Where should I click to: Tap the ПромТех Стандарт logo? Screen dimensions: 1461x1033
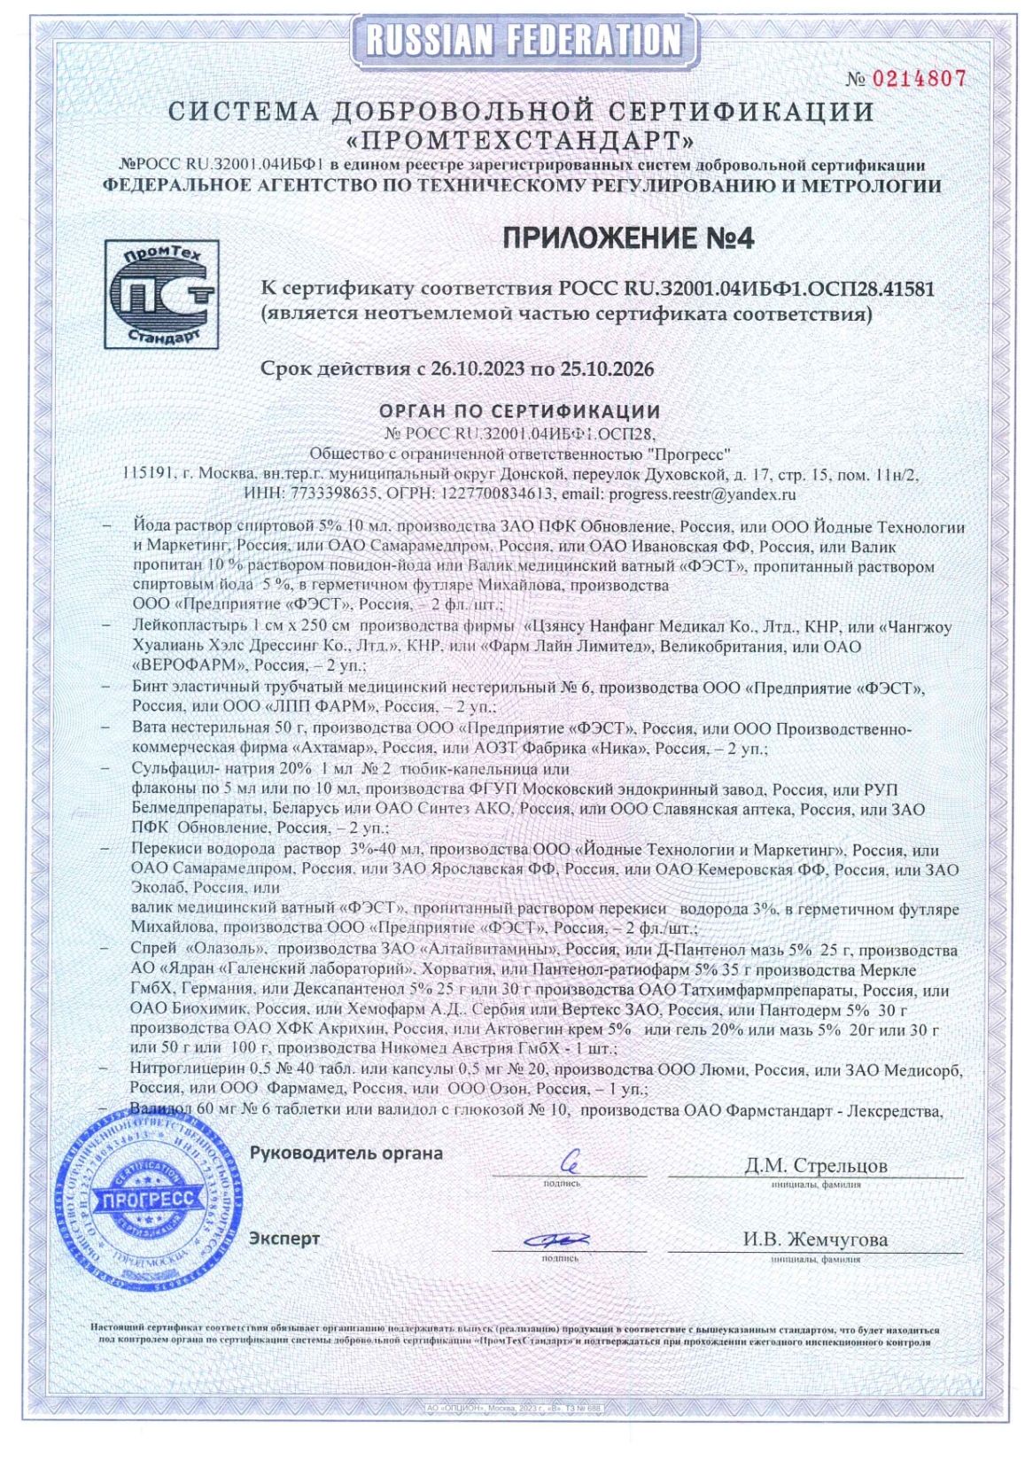coord(162,293)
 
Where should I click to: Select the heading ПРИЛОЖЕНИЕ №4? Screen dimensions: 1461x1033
coord(628,237)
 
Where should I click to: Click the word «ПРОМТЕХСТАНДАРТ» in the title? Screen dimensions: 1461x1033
coord(521,140)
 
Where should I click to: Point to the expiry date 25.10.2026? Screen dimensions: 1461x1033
coord(607,369)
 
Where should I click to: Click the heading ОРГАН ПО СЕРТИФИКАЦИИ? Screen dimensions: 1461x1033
coord(520,411)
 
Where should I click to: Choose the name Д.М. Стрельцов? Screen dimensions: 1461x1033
coord(815,1165)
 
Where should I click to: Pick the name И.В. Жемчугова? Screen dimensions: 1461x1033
coord(815,1240)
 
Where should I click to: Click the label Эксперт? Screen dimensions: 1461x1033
coord(284,1239)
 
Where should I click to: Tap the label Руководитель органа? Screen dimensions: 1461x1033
coord(346,1154)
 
